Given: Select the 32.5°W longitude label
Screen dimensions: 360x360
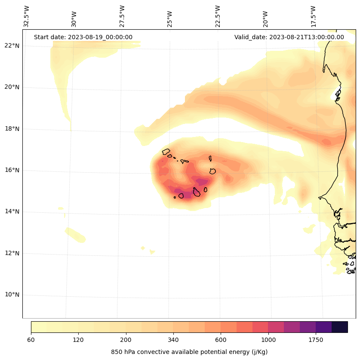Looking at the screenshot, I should point(27,16).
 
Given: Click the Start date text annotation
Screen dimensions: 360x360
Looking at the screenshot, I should point(83,37).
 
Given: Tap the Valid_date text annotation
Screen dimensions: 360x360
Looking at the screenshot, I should point(289,37).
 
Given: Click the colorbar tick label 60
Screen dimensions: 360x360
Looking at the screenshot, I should point(31,340).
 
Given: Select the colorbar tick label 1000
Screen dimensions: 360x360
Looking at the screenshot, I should point(268,340).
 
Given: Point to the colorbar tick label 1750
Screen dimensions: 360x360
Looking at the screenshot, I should point(316,340).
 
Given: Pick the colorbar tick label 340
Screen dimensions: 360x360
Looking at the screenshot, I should point(173,340).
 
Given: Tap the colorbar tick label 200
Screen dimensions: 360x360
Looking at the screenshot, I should point(126,340).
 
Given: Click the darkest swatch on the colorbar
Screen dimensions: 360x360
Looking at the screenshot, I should point(339,327).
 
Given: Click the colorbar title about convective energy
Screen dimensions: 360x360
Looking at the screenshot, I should point(189,352).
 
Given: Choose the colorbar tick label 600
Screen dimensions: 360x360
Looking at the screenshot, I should point(221,340).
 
